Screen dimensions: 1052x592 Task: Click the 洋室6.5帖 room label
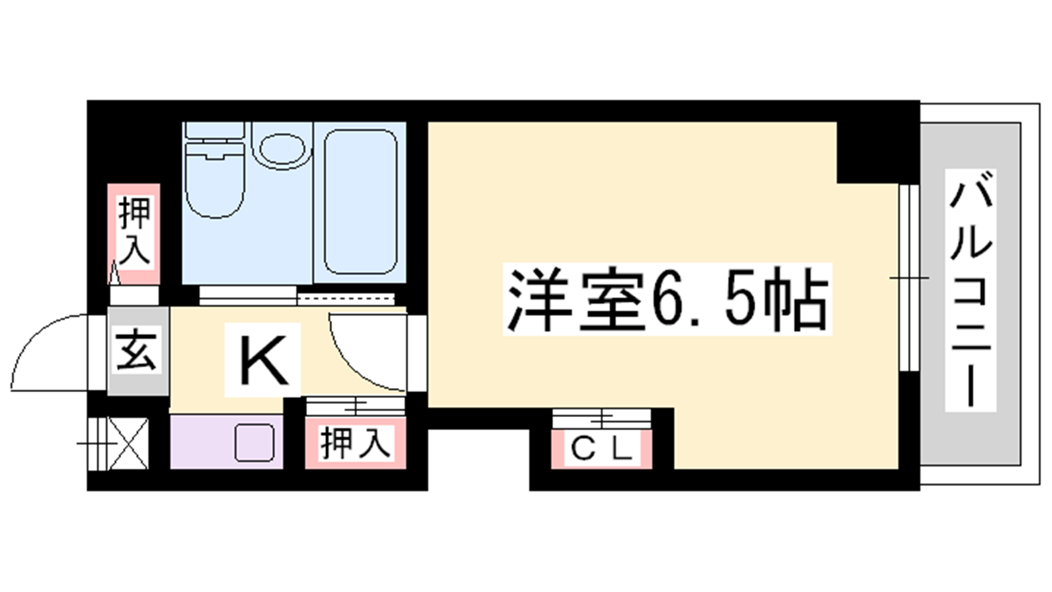667,299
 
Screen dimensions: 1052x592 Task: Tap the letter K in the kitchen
263,360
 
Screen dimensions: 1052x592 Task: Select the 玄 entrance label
135,351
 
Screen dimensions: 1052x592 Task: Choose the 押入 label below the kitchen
355,443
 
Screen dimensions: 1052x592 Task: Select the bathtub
361,202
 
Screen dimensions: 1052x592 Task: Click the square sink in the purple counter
254,443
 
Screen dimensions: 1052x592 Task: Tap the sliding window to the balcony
908,278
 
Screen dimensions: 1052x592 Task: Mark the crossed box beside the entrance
129,443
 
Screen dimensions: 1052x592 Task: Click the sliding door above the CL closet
601,418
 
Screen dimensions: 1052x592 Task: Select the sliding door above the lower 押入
356,406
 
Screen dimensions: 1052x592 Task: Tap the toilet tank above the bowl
215,130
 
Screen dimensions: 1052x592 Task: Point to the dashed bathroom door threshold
346,299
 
